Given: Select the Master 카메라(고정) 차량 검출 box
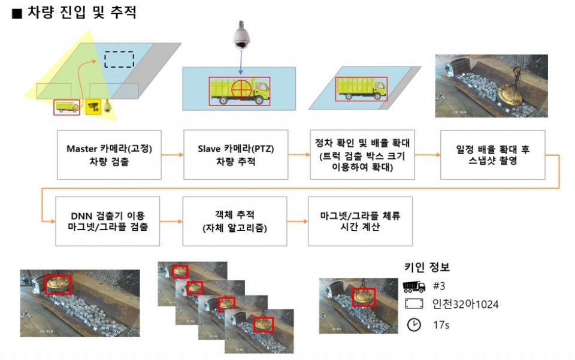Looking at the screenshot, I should point(110,155).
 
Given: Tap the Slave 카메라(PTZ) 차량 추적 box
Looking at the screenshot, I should point(235,155).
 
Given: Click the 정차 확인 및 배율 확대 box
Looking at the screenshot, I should point(361,155).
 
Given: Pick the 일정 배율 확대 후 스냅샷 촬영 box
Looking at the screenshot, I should point(492,155).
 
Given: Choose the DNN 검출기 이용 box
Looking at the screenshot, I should point(108,220).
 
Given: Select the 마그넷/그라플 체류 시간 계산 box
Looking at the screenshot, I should point(360,220).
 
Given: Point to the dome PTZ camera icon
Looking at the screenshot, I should point(241,35).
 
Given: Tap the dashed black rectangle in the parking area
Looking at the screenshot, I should point(119,59).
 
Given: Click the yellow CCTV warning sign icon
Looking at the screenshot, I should point(92,107).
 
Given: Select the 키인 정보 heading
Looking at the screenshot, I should point(427,267).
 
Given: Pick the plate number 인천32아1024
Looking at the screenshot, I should point(465,304).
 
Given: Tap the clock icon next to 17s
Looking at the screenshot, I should point(413,324).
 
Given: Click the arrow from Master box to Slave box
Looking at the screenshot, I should point(172,155).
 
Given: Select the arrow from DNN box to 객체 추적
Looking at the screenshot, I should point(172,220).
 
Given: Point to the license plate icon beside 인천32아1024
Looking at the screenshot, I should point(414,304).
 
